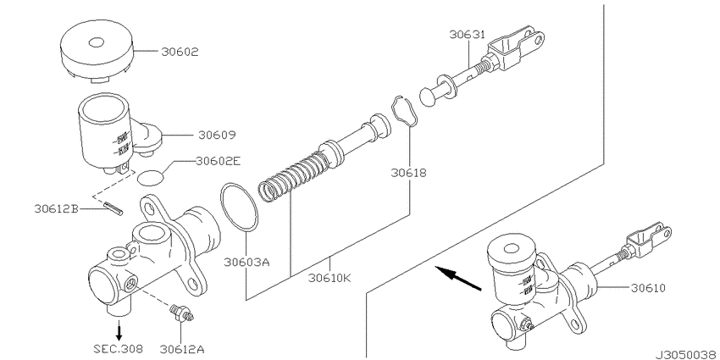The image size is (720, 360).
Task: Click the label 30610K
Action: coord(331,276)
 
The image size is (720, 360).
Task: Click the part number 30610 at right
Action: coord(650,287)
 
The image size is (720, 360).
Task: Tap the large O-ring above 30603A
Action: coord(240,206)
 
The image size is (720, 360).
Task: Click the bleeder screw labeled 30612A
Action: coord(180,313)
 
